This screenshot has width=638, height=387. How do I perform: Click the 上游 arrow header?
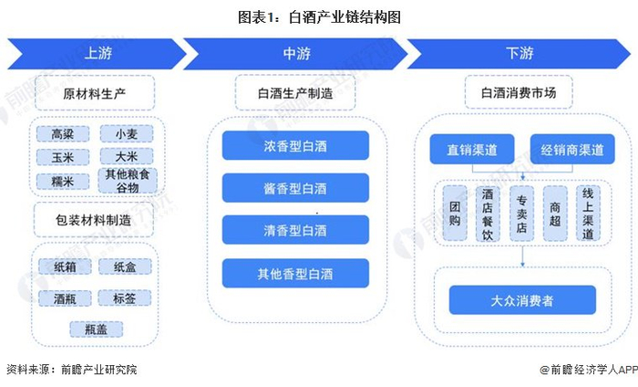(x=97, y=53)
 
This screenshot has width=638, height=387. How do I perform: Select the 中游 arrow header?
(x=296, y=53)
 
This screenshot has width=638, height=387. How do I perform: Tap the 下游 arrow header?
(x=519, y=53)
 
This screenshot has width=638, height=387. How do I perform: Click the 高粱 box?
(x=63, y=134)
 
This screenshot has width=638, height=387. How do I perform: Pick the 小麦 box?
(x=127, y=134)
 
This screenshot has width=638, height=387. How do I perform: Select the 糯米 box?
(x=63, y=182)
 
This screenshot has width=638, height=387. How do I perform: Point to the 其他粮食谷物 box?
(x=128, y=181)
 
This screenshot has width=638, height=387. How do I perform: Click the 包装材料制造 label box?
(x=94, y=220)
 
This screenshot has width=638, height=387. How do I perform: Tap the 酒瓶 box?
(x=65, y=298)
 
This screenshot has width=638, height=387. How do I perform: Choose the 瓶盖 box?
(x=96, y=329)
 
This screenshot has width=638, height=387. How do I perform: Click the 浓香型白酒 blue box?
(x=295, y=145)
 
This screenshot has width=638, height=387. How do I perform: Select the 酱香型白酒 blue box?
(x=295, y=188)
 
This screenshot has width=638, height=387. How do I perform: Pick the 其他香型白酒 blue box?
(x=295, y=273)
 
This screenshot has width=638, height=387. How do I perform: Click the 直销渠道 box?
(x=472, y=150)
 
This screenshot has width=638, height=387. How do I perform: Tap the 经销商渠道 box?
(x=572, y=150)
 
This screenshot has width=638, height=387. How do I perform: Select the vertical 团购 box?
(x=455, y=214)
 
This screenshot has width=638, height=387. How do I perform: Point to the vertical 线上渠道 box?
(x=588, y=214)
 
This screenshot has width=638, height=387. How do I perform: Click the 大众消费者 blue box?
(x=522, y=300)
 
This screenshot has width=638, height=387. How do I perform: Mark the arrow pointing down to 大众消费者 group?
(x=523, y=256)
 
